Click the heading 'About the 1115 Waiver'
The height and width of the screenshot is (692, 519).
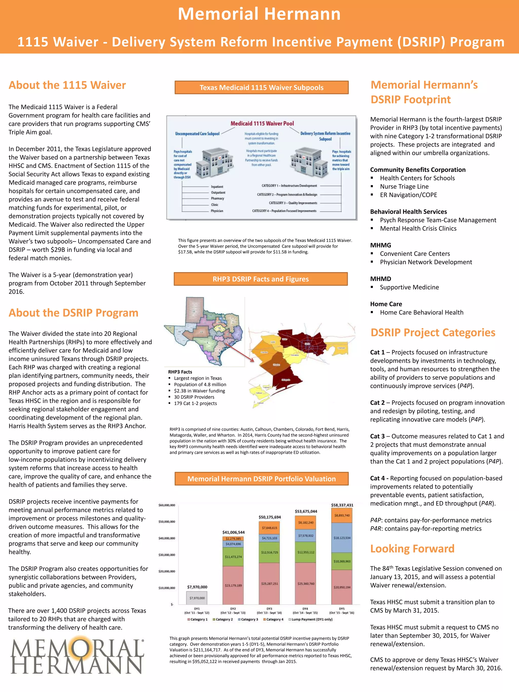(x=67, y=85)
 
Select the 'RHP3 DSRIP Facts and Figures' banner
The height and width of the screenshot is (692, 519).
(x=261, y=279)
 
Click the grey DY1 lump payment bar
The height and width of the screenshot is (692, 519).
(x=197, y=597)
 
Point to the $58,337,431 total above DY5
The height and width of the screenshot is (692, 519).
(x=342, y=505)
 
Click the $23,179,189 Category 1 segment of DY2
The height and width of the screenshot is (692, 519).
(x=233, y=585)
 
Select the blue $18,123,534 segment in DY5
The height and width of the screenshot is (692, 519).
(x=342, y=538)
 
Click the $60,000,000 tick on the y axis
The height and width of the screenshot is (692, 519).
(x=167, y=505)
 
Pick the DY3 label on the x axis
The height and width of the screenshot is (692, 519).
(x=269, y=609)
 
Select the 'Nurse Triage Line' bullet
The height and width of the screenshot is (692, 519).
(x=404, y=186)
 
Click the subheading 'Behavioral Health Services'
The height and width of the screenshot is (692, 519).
(x=408, y=212)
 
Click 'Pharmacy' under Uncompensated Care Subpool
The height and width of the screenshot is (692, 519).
(x=217, y=198)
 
